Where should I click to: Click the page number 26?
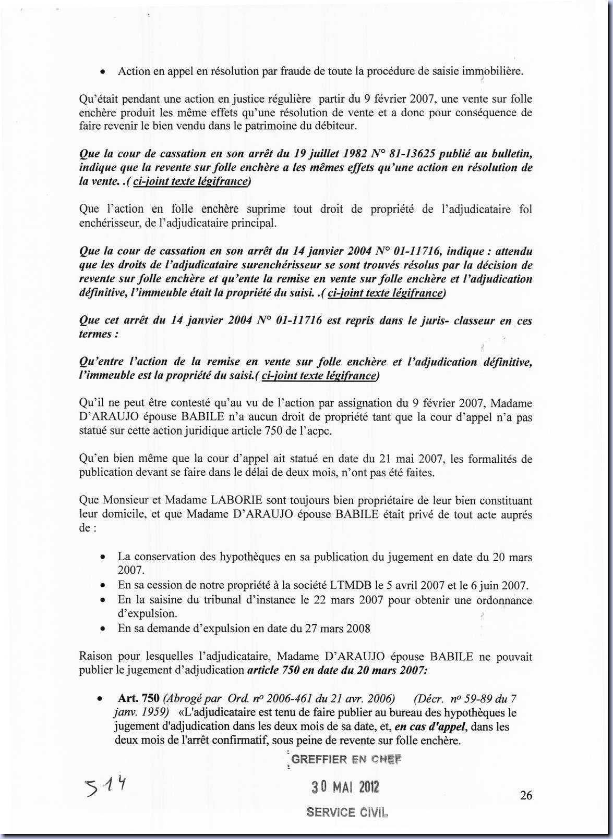pyautogui.click(x=526, y=795)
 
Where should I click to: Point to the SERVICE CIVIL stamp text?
pyautogui.click(x=347, y=812)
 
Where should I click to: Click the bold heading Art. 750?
pyautogui.click(x=139, y=699)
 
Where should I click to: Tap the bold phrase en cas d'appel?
pyautogui.click(x=431, y=726)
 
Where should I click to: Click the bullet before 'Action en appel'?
pyautogui.click(x=103, y=72)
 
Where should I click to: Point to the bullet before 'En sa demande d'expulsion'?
pyautogui.click(x=103, y=629)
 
